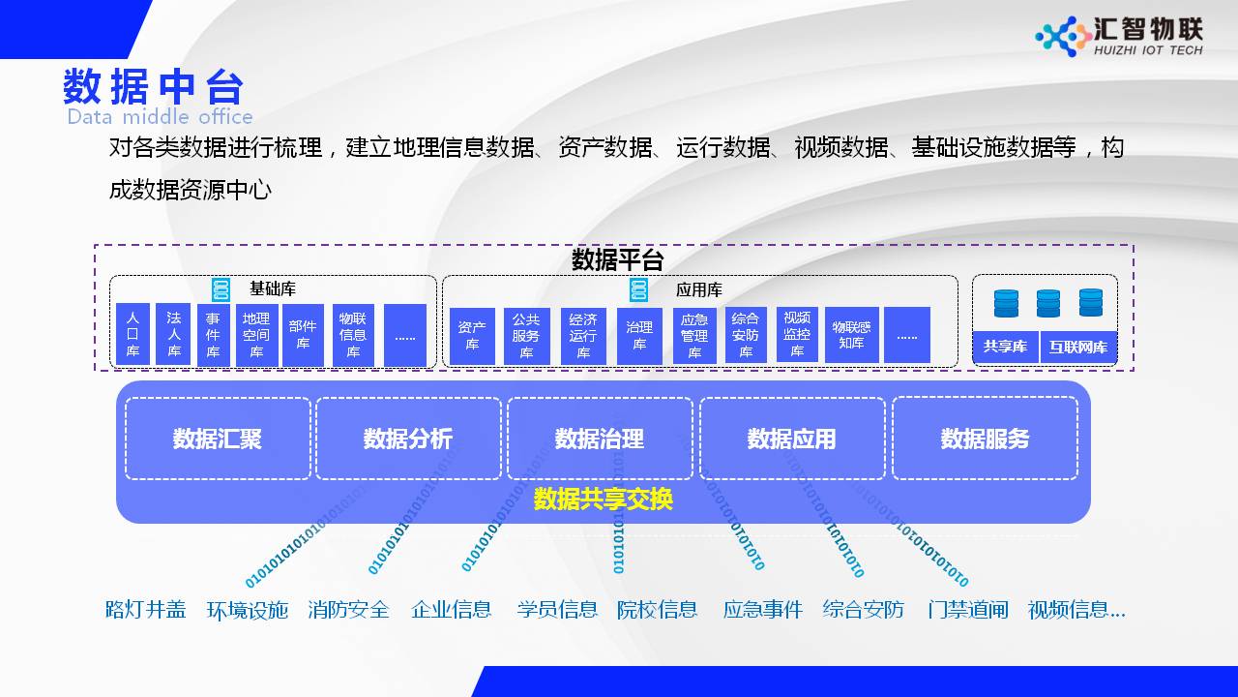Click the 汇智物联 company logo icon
tap(1062, 37)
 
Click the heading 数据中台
tap(153, 87)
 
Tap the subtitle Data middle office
tap(160, 117)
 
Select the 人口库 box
tap(133, 335)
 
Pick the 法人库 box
tap(173, 335)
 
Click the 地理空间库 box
tap(256, 335)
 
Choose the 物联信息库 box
tap(353, 335)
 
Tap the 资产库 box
tap(472, 336)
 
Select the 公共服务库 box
tap(526, 336)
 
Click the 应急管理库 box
tap(694, 336)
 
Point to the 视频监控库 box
tap(797, 335)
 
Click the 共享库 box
tap(1005, 347)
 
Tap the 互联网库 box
tap(1078, 347)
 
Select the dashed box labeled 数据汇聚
tap(218, 439)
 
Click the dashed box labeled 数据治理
tap(600, 439)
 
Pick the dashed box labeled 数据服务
tap(985, 439)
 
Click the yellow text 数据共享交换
tap(603, 500)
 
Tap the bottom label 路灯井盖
tap(146, 610)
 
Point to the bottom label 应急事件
tap(763, 610)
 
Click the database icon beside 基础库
tap(221, 289)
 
